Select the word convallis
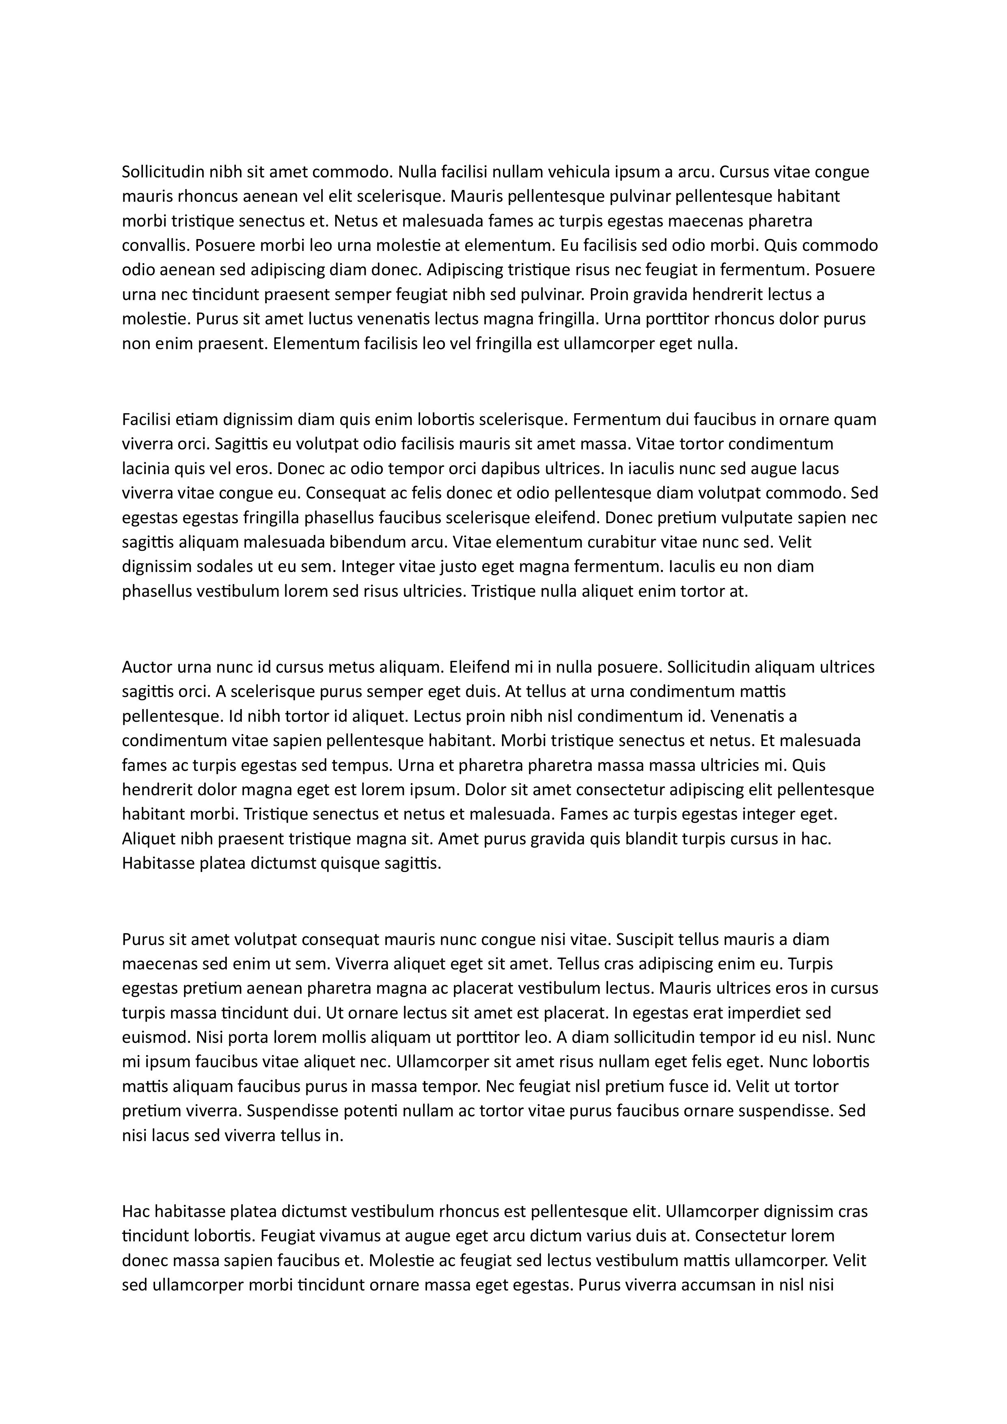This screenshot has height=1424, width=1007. click(155, 246)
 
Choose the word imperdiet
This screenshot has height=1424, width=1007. click(773, 1014)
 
